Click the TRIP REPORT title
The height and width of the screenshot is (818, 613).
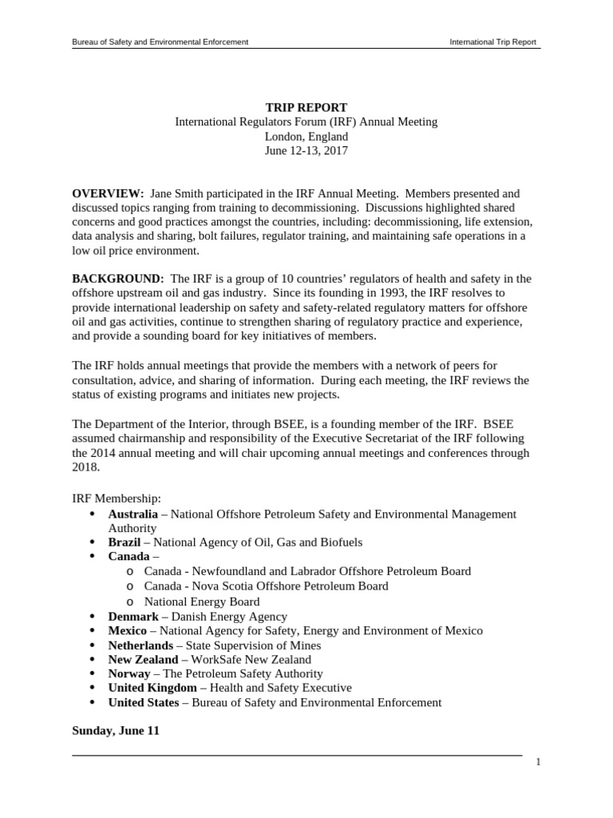coord(306,108)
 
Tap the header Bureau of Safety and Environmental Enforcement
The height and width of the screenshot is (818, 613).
coord(160,41)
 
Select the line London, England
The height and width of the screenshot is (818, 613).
coord(306,137)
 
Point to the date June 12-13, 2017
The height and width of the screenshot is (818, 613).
coord(306,151)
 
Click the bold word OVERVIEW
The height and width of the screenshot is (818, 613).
coord(108,194)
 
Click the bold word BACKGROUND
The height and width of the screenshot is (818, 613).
coord(118,279)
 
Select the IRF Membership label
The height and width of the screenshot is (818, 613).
coord(117,498)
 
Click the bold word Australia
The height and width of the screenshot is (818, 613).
coord(132,514)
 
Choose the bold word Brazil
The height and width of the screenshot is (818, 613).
coord(124,542)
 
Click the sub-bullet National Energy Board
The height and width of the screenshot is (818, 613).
coord(201,602)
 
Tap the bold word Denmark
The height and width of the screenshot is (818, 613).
coord(133,617)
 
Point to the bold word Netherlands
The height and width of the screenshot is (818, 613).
coord(140,645)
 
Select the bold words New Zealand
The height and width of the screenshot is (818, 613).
coord(143,660)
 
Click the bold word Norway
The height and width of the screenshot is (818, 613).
coord(129,674)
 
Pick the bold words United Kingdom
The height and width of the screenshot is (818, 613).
coord(152,688)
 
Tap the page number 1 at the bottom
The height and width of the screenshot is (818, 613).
coord(539,762)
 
